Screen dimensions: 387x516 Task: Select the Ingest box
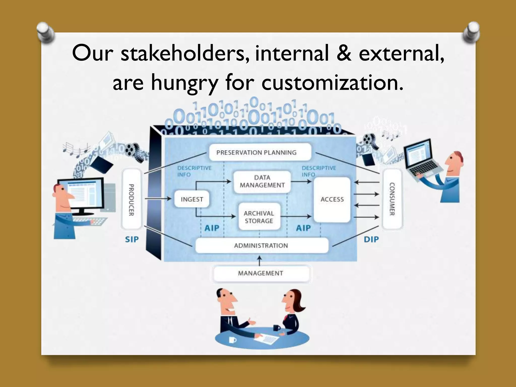pos(192,199)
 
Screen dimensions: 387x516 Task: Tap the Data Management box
pos(262,181)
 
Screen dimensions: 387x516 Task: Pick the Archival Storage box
pos(259,217)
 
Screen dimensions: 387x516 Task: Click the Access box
pos(332,199)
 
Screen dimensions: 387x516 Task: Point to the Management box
pos(261,273)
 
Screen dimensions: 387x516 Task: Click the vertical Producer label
pos(131,200)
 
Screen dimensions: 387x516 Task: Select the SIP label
pos(132,239)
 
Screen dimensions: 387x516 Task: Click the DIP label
pos(371,239)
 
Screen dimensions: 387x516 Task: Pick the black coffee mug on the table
pos(276,328)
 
